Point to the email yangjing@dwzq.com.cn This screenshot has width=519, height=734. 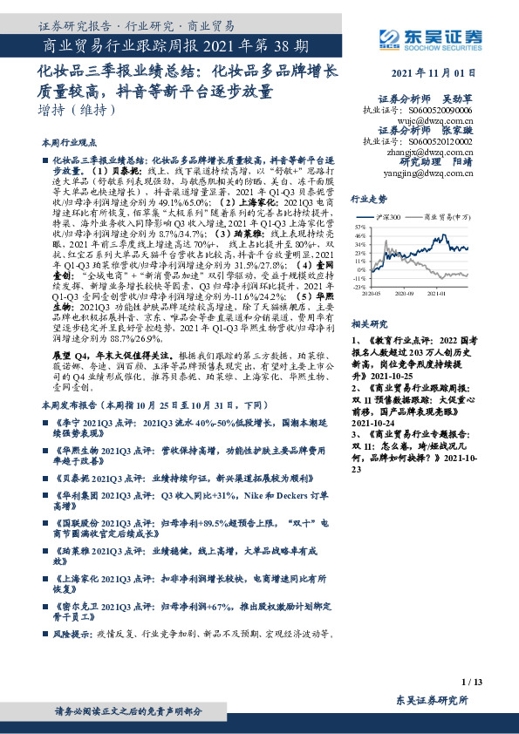click(434, 173)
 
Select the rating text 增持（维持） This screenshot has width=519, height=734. click(77, 110)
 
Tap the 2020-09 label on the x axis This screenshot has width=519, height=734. click(406, 295)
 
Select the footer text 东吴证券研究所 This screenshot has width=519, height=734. click(432, 700)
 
